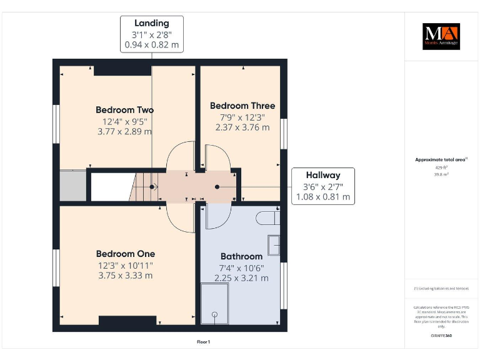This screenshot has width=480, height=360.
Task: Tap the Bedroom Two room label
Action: click(124, 109)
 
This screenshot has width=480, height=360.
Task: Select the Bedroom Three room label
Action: click(242, 106)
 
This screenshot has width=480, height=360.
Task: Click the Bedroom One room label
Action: click(125, 254)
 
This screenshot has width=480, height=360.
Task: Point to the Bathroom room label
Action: click(241, 256)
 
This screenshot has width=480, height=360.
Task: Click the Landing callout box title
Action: click(152, 24)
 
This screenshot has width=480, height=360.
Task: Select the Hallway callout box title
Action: click(322, 175)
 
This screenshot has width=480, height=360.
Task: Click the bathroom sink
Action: click(274, 245)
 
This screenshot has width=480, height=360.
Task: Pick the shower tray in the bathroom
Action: click(215, 303)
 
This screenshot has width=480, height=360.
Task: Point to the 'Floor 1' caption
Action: click(203, 342)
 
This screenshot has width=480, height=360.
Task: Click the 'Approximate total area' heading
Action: click(441, 160)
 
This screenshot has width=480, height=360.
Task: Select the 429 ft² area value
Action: click(441, 167)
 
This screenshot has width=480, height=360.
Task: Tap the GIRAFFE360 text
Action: click(441, 336)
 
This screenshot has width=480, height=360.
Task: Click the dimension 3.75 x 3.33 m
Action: click(125, 275)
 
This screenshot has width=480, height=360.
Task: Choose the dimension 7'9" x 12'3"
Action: click(242, 117)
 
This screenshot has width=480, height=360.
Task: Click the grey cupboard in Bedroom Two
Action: click(72, 186)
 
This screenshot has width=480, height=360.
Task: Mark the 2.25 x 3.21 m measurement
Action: click(241, 277)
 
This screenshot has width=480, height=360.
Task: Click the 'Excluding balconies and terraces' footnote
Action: click(441, 289)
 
